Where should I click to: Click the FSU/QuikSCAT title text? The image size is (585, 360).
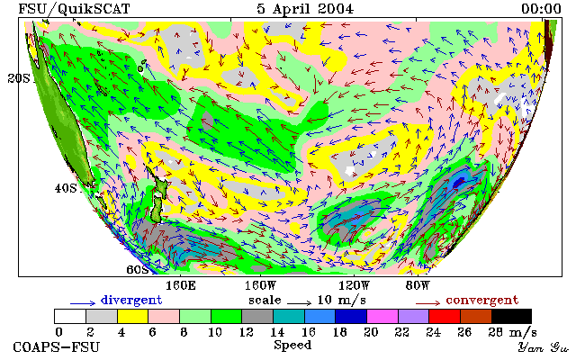[74, 9]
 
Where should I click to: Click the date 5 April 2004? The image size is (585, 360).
[305, 9]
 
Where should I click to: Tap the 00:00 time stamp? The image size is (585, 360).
[541, 9]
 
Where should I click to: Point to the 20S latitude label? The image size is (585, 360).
[19, 78]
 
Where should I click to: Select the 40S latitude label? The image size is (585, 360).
[66, 188]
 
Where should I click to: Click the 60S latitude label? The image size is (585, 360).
[138, 269]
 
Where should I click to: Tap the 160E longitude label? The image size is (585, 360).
[181, 286]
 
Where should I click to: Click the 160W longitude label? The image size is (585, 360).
[260, 286]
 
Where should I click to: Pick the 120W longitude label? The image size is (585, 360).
[354, 286]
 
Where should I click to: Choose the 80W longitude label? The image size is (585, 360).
[418, 286]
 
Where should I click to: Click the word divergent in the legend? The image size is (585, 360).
[131, 300]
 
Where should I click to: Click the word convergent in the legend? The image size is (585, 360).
[482, 300]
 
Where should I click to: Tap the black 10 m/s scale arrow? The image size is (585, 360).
[299, 303]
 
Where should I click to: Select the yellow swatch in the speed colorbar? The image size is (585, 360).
[132, 316]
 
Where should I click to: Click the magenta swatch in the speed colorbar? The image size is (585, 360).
[382, 316]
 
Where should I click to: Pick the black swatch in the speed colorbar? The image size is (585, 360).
[511, 316]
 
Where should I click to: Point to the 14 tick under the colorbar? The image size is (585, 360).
[277, 331]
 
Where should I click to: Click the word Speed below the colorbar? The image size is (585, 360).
[292, 345]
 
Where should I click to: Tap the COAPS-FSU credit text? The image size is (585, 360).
[57, 346]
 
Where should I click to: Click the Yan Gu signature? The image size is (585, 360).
[544, 347]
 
